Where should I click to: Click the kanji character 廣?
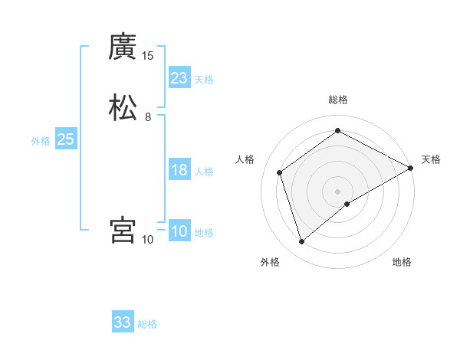pos(123,48)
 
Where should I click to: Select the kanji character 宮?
pos(123,230)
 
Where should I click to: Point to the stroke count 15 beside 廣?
pos(148,56)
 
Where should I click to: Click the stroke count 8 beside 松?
pos(148,116)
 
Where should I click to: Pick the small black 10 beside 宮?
pos(148,239)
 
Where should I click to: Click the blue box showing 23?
pos(179,78)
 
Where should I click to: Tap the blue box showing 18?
pos(179,170)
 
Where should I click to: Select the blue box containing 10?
pos(179,231)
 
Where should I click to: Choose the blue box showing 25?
pos(66,139)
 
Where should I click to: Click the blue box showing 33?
pos(123,322)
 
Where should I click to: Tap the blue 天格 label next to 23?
pos(204,80)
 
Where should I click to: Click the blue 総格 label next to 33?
pos(147,324)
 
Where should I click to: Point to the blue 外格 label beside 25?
pos(41,141)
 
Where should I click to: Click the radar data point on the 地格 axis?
pos(347,204)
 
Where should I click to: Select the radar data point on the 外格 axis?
pos(302,242)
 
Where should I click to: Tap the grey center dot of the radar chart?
pos(338,191)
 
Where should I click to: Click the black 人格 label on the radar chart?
pos(245,159)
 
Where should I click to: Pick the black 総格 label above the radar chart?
pos(338,100)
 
